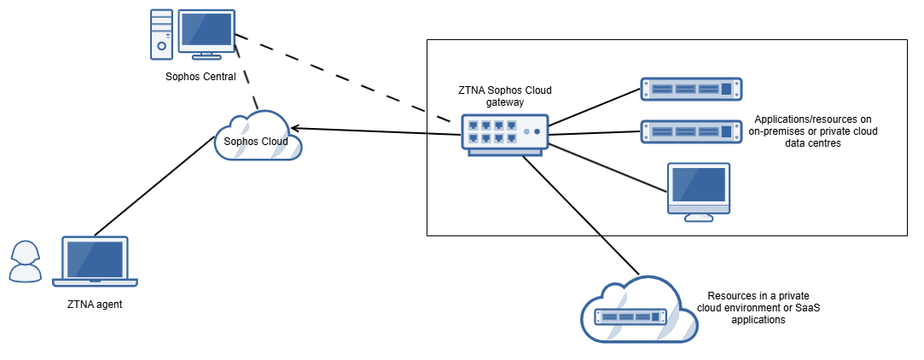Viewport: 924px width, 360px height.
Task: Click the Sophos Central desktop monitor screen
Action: tap(206, 29)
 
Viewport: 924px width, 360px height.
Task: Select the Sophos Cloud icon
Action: tap(258, 137)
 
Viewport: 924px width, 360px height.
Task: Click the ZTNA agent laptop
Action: tap(95, 261)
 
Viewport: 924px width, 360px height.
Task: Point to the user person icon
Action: tap(25, 261)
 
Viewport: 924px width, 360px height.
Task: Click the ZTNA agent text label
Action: tap(95, 304)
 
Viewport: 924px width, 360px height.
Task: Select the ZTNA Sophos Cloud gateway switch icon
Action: tap(505, 134)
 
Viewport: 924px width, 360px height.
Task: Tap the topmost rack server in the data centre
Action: tap(691, 89)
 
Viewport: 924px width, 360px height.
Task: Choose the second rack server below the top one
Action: tap(691, 131)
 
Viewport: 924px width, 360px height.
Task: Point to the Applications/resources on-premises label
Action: tap(811, 131)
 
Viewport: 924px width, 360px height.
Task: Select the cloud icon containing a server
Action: tap(636, 311)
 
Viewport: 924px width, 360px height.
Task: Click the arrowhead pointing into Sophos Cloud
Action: tap(296, 129)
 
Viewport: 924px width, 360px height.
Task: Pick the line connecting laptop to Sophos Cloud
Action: tap(154, 186)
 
